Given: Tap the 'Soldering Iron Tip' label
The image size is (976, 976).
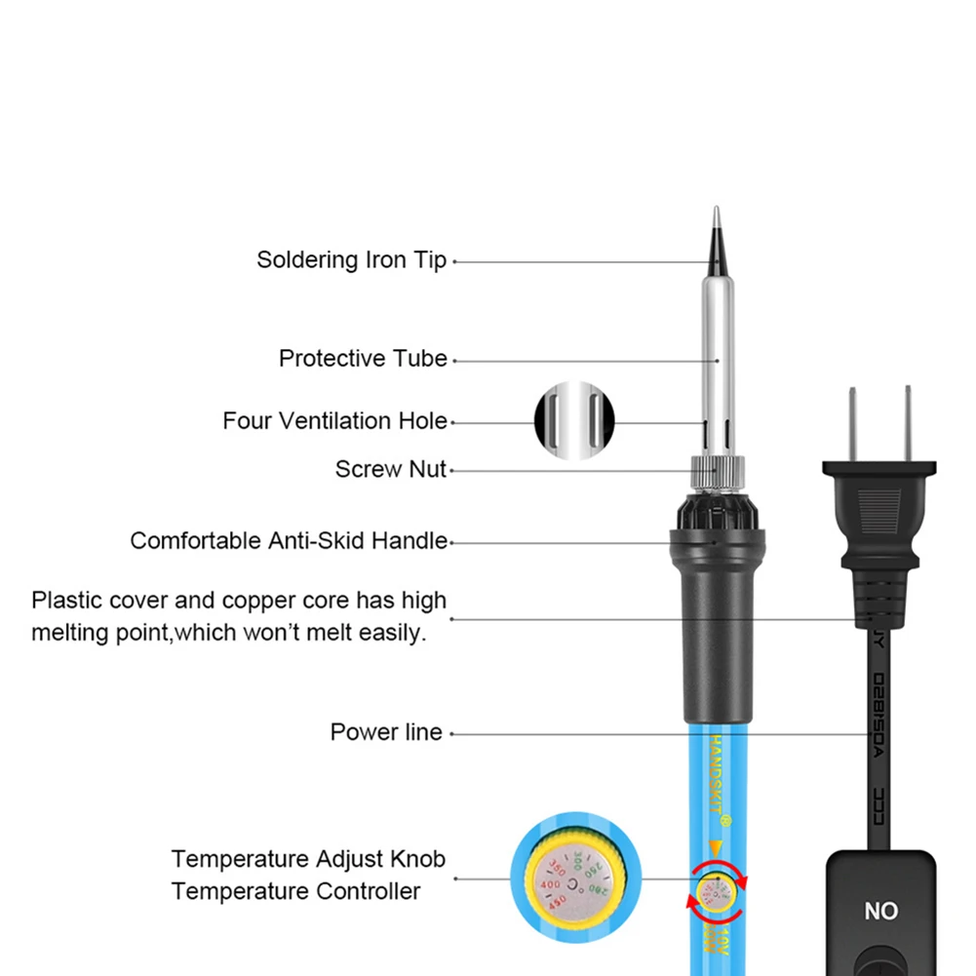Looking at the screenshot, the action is [x=351, y=260].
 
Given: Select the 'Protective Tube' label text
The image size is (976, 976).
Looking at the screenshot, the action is [x=363, y=359].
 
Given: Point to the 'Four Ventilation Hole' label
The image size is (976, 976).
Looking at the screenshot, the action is [x=334, y=421].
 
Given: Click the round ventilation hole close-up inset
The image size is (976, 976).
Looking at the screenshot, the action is [x=574, y=421].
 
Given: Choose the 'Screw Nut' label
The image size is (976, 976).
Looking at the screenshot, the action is [x=390, y=469].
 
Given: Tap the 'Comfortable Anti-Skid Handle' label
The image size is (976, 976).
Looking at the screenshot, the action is [x=289, y=540].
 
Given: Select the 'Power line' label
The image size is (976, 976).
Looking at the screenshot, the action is [x=386, y=732].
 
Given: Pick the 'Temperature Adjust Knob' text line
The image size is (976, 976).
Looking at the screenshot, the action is [x=308, y=859].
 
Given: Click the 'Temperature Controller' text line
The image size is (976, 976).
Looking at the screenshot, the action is [x=295, y=891].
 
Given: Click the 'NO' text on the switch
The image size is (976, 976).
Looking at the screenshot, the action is [x=880, y=911].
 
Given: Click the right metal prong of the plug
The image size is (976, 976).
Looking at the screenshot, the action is [x=909, y=424].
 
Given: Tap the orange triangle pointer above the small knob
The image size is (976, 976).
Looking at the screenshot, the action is [x=717, y=847].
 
